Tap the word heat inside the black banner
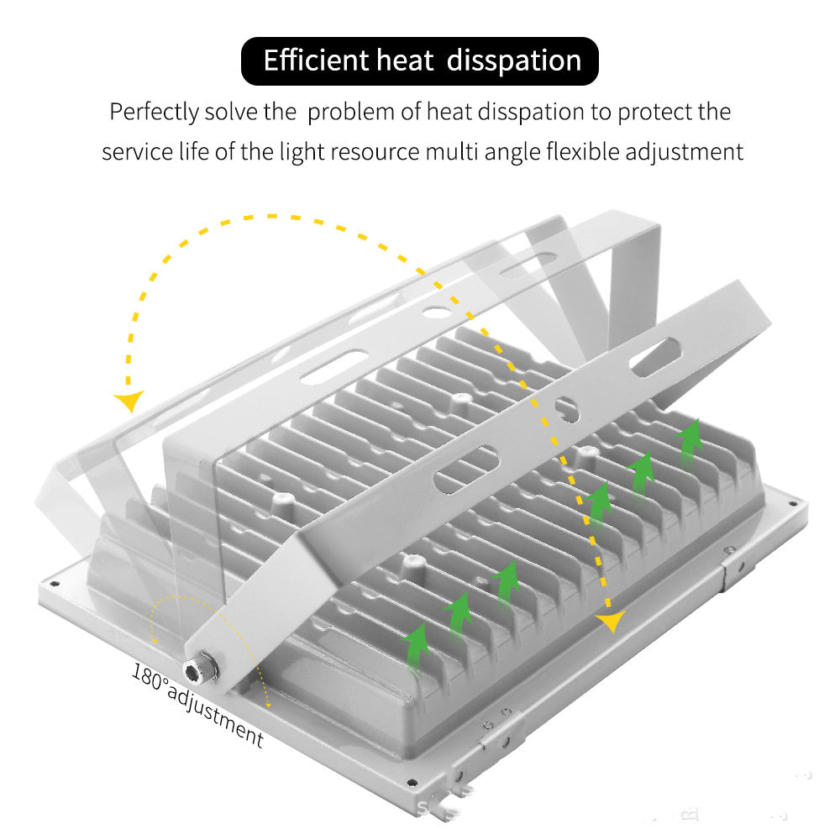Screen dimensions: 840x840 405,60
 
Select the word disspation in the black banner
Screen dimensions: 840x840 514,61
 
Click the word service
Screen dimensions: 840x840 137,152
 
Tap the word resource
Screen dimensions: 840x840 375,153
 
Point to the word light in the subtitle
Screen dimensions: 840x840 302,153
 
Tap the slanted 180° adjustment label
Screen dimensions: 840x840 197,705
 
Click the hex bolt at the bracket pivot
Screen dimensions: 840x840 201,668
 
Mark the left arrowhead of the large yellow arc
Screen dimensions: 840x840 129,400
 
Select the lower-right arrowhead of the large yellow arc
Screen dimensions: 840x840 611,622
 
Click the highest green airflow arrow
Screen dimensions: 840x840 690,444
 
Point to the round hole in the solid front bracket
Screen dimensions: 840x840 565,410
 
